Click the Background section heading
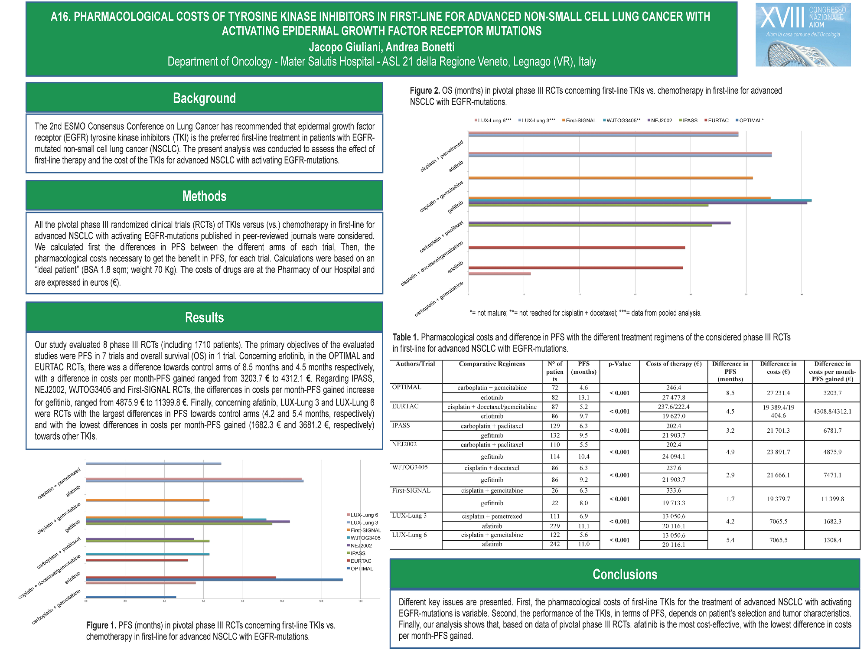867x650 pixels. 204,98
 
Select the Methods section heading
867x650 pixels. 204,196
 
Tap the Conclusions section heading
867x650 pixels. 625,574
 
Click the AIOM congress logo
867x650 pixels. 803,35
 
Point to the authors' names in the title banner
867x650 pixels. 381,47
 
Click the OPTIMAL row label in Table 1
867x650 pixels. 407,387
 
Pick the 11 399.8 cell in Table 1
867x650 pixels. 832,499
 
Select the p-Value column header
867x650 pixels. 619,364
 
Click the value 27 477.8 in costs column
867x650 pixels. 674,397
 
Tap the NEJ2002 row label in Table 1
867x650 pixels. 404,444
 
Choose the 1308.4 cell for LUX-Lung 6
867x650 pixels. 832,540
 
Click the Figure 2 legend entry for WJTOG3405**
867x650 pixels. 623,121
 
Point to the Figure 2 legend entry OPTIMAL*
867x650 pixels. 751,121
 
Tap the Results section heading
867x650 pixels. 204,317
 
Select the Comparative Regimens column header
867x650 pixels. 492,364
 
